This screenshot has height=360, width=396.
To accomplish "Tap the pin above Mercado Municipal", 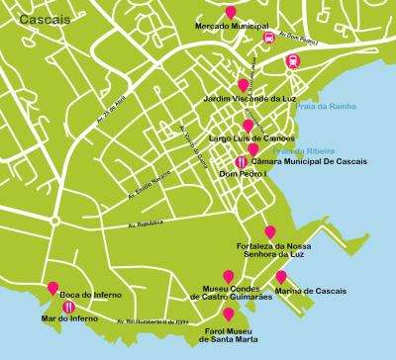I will pyautogui.click(x=231, y=12).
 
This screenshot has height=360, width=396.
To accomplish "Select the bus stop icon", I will pyautogui.click(x=268, y=39).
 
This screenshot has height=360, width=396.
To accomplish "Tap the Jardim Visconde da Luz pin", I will pyautogui.click(x=244, y=86).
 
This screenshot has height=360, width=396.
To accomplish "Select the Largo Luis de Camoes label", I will pyautogui.click(x=248, y=138).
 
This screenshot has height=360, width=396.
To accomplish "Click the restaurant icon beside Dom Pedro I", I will pyautogui.click(x=241, y=160).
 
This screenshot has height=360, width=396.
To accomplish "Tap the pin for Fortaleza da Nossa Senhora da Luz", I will pyautogui.click(x=270, y=231).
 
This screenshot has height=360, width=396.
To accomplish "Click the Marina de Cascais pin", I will pyautogui.click(x=281, y=277).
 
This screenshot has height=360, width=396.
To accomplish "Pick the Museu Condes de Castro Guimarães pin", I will pyautogui.click(x=229, y=277).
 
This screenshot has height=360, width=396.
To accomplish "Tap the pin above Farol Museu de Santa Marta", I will pyautogui.click(x=230, y=314).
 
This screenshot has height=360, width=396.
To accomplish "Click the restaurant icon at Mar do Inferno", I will pyautogui.click(x=67, y=307).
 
